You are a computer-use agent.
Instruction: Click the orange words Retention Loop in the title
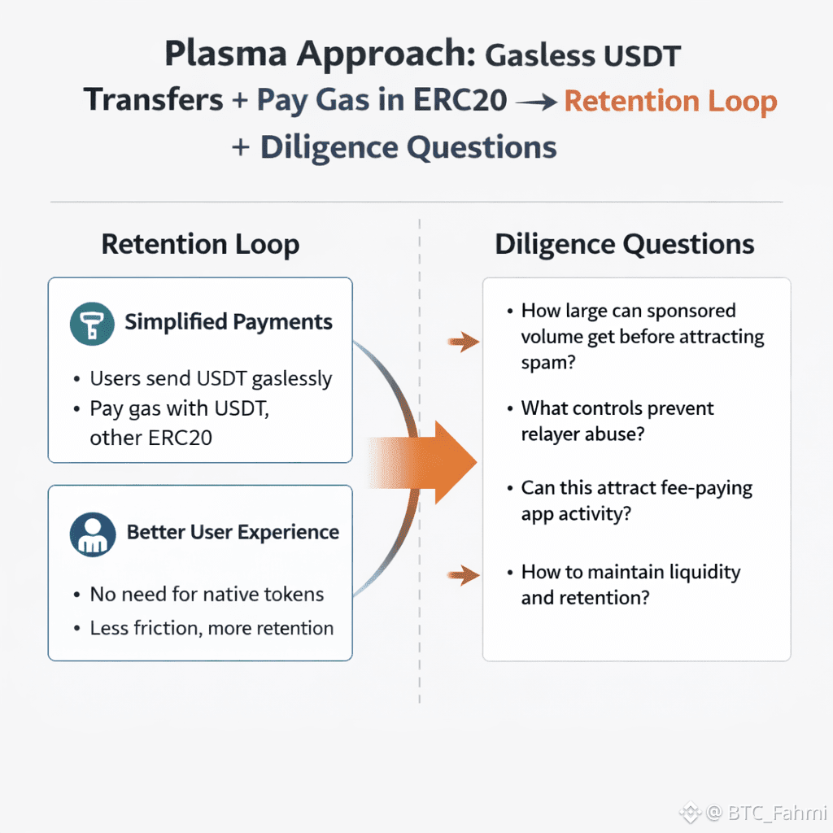click(670, 102)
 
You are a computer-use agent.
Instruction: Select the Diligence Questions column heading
click(625, 244)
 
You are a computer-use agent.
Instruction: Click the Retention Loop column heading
click(200, 244)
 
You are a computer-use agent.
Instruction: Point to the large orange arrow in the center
click(439, 462)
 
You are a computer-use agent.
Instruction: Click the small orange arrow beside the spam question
click(464, 342)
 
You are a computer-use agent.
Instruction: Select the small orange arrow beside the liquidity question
click(464, 576)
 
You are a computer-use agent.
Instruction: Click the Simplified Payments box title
click(229, 322)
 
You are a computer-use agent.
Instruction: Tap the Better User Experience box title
click(233, 533)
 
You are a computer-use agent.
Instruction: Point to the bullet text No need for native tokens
click(207, 595)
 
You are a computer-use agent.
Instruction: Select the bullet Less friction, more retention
click(212, 628)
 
